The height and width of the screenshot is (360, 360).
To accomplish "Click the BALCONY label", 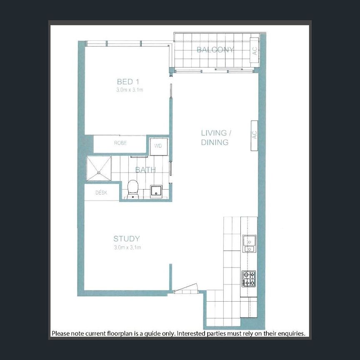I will point(215,50).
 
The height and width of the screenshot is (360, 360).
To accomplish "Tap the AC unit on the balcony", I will point(254,50).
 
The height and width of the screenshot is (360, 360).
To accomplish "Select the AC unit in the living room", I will point(254,135).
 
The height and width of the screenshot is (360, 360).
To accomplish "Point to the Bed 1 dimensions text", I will point(130,90).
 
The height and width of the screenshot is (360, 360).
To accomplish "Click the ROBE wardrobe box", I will point(120,143).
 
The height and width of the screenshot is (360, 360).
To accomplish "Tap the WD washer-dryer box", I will point(158,146).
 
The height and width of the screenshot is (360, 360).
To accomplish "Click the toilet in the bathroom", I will point(133,188).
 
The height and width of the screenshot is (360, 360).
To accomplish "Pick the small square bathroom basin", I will point(156,191).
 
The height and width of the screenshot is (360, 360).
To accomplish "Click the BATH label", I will point(145,170).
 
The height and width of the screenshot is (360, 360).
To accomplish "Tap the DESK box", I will point(101,193).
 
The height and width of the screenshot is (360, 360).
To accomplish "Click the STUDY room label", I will point(126,239).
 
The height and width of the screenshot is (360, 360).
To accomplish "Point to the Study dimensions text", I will point(127,247).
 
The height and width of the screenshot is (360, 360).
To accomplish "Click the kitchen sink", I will point(249,243).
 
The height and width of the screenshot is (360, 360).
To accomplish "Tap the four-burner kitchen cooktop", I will point(249,278).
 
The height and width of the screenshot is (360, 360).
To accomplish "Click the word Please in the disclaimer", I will point(61,333).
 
